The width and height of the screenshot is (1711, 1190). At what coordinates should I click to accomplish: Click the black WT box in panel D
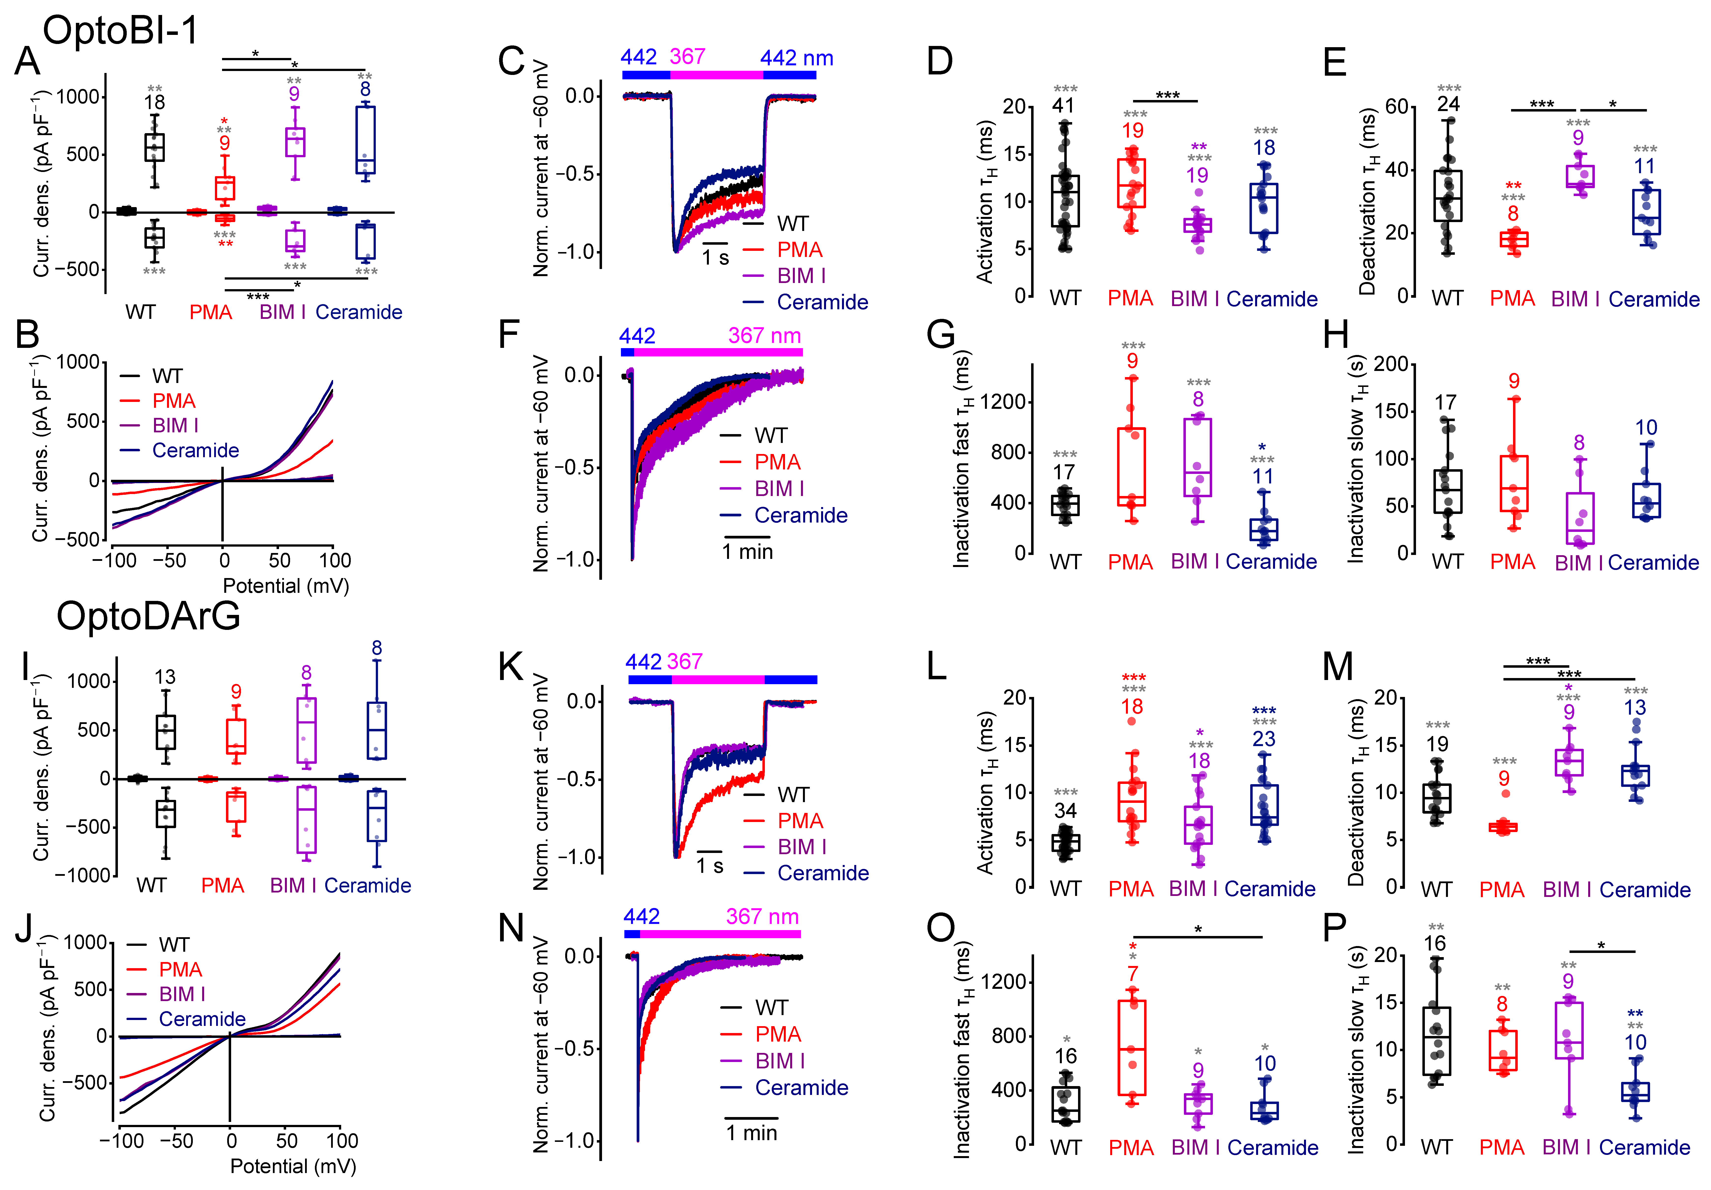1065,201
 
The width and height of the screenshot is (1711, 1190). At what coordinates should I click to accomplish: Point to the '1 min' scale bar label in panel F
747,552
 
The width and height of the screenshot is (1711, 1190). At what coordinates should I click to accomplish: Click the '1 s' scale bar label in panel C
715,258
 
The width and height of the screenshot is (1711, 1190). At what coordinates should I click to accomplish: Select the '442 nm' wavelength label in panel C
797,58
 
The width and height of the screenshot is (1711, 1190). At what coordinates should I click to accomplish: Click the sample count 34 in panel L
1065,811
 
